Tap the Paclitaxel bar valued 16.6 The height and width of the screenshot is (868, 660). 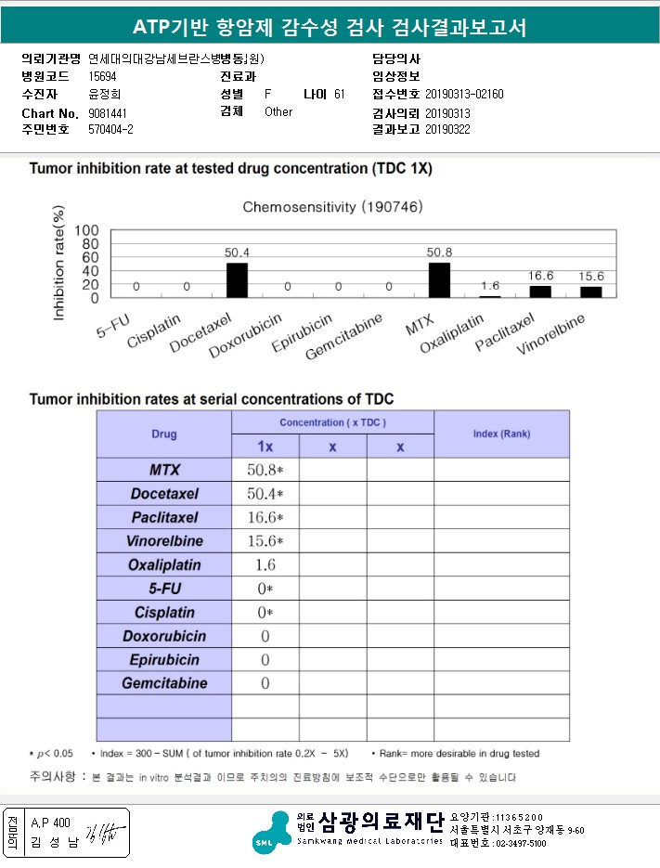(x=540, y=291)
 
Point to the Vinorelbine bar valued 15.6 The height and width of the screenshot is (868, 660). (x=591, y=292)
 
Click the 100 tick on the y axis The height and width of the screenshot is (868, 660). (x=86, y=230)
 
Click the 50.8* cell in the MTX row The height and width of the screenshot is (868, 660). (x=265, y=469)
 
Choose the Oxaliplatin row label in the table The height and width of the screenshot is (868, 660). (x=164, y=564)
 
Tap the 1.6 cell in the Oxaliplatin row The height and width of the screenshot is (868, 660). (x=265, y=564)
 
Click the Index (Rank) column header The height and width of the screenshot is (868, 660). (x=501, y=434)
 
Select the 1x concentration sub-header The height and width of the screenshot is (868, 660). (x=265, y=447)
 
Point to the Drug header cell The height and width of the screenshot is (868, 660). (x=164, y=434)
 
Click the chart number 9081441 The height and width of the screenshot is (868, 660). (x=108, y=112)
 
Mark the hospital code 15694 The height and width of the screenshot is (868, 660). (x=103, y=76)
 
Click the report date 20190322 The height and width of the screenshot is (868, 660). (x=448, y=129)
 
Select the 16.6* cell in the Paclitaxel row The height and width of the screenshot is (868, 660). (x=265, y=517)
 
